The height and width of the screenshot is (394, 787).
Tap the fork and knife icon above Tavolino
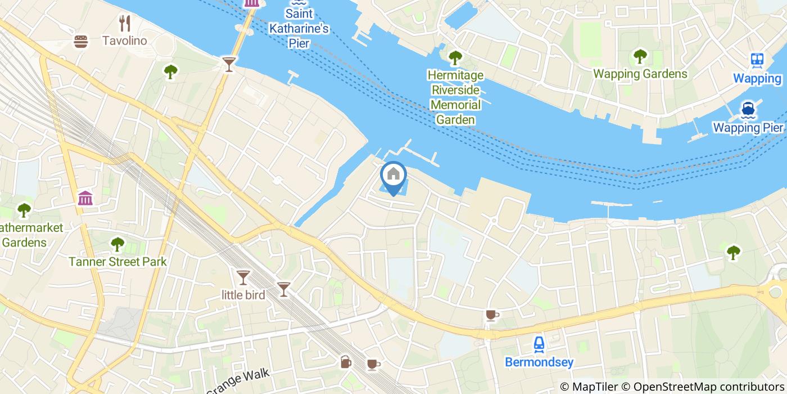(125, 24)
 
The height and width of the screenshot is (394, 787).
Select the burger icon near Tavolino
(82, 41)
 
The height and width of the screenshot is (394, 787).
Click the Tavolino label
(124, 41)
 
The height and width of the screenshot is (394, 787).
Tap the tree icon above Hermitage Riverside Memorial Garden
(455, 57)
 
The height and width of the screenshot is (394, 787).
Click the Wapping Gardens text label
(640, 74)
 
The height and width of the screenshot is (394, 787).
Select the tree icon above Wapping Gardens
(640, 56)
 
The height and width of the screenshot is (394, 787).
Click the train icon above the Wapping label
(757, 60)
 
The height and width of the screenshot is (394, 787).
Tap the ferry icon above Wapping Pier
(748, 109)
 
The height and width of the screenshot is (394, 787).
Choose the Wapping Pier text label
(748, 127)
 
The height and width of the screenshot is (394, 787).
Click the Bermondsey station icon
(539, 343)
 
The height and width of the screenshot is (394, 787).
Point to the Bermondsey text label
(539, 361)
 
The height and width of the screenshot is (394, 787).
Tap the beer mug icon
(346, 362)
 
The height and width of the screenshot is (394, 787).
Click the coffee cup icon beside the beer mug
(373, 364)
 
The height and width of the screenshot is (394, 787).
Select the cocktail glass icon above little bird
(243, 277)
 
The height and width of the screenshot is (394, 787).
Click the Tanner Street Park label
(117, 261)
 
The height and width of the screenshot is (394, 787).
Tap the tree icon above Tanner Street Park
(117, 244)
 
